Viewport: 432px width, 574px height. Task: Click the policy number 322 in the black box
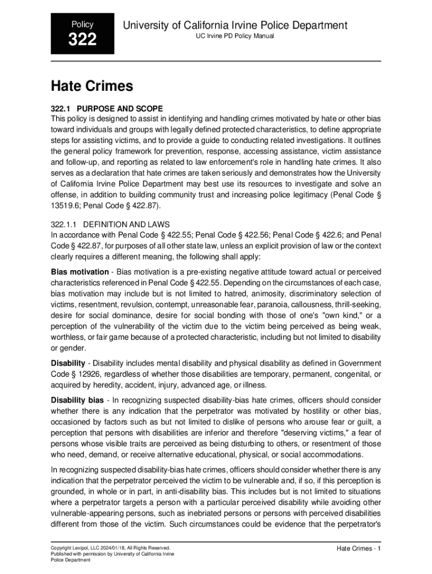click(82, 40)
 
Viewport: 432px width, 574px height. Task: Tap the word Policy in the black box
click(82, 25)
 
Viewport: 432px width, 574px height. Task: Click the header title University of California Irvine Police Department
click(235, 25)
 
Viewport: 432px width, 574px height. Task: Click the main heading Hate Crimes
click(92, 86)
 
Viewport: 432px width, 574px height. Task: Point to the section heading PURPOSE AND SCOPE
click(120, 108)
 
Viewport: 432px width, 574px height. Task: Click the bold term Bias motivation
click(80, 272)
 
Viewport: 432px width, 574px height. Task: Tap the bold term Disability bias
click(77, 400)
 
